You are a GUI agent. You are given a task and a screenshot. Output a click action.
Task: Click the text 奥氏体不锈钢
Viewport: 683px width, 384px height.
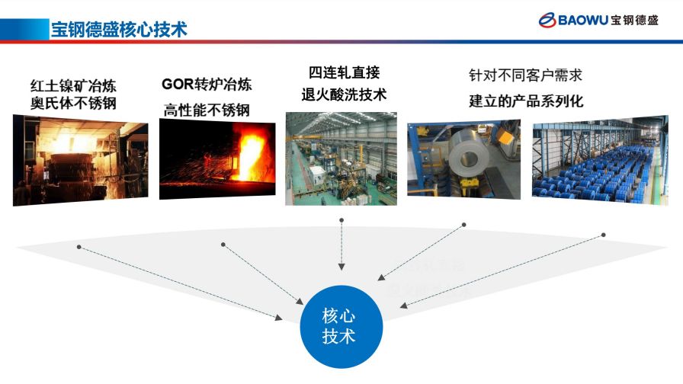click(73, 103)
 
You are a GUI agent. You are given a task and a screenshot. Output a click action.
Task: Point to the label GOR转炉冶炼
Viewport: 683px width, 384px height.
click(207, 84)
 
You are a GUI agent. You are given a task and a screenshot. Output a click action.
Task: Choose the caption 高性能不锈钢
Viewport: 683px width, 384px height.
click(207, 110)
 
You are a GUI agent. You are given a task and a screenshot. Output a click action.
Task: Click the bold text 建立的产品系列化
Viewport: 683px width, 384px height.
click(525, 101)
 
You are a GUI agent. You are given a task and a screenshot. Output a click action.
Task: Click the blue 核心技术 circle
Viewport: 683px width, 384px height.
click(339, 327)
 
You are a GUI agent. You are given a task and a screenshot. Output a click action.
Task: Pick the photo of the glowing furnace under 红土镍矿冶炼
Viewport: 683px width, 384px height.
click(80, 159)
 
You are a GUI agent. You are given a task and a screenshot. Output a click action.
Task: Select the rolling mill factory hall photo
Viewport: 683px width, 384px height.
click(341, 158)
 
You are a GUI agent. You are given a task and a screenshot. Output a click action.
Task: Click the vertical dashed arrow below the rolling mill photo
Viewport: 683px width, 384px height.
click(341, 245)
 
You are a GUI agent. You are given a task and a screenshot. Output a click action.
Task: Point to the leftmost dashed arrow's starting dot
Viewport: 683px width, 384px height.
click(79, 246)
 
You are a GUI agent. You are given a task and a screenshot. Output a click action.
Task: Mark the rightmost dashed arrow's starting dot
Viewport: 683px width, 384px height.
click(603, 235)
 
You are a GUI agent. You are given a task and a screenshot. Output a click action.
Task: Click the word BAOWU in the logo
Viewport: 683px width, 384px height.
click(583, 21)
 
